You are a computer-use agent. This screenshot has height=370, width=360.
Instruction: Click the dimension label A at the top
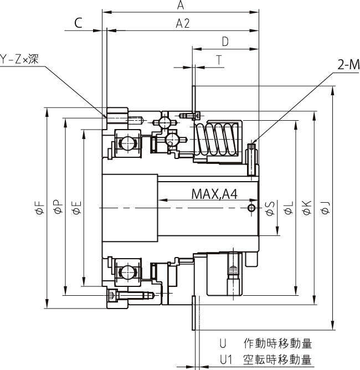(181, 5)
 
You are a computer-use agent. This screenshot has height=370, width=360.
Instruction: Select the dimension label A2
(183, 23)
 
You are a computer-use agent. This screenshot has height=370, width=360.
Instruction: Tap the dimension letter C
(78, 23)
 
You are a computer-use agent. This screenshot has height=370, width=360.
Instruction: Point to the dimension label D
(225, 42)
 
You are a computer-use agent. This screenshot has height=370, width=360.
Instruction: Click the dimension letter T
(220, 61)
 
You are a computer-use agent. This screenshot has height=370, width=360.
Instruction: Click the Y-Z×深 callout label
(19, 59)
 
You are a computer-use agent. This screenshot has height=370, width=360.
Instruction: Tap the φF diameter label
(38, 208)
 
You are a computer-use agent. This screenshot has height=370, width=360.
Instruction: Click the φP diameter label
(57, 208)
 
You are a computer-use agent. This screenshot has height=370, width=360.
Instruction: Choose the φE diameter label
(76, 208)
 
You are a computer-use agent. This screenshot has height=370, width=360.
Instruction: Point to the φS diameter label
(270, 208)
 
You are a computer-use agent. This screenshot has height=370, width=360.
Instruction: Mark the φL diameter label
(288, 208)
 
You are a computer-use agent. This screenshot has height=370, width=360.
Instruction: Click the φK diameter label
(307, 208)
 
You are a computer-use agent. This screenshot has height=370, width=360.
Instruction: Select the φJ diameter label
(325, 208)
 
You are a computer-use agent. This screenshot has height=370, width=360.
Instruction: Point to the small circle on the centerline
(251, 208)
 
